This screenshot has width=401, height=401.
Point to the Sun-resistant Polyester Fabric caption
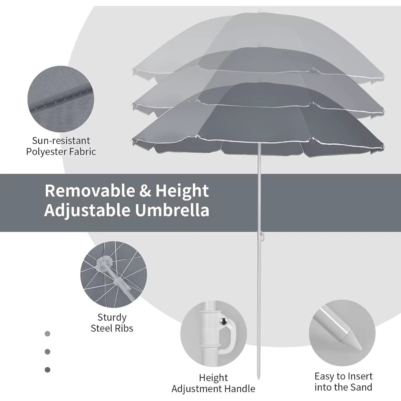(x=61, y=146)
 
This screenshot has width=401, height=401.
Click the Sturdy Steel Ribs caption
(x=112, y=323)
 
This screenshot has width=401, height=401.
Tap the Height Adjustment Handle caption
(x=213, y=383)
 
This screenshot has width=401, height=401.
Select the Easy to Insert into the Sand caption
(x=343, y=381)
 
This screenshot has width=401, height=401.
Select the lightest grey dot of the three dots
(x=48, y=333)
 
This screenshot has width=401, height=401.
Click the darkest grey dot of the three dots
(x=48, y=369)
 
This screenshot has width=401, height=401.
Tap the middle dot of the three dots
(x=48, y=351)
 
